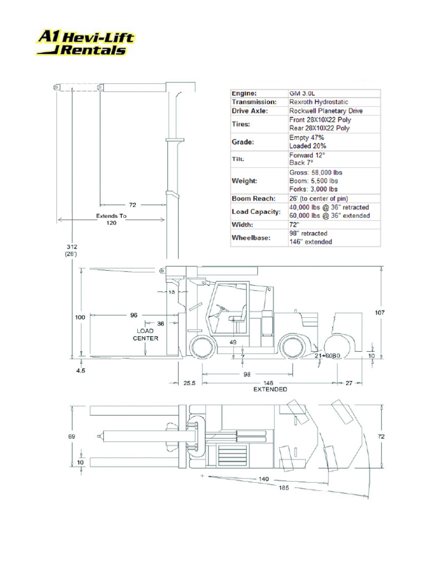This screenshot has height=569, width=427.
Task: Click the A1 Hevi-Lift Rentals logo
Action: [x=86, y=43]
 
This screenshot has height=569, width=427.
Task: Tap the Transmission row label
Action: [x=254, y=102]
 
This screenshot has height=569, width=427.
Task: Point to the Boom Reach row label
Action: [x=253, y=198]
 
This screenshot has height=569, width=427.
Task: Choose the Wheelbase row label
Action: [x=251, y=238]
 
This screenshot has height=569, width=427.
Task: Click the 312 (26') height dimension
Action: [x=71, y=250]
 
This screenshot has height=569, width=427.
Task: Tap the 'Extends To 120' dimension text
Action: [x=112, y=219]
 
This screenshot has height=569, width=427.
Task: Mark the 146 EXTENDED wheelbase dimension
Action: [x=270, y=386]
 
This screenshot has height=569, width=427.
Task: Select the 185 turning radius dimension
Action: [x=284, y=488]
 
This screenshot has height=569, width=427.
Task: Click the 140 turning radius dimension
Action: [x=263, y=478]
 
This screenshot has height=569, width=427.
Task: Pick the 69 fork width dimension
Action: [x=71, y=437]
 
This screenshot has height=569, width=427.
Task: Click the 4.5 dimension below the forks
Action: [x=81, y=371]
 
